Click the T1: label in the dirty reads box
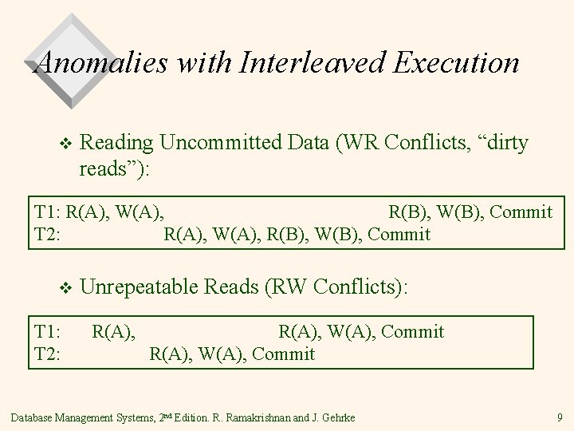[48, 212]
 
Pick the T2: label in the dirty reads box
[48, 234]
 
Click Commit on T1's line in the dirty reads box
[521, 212]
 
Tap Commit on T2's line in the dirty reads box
[400, 234]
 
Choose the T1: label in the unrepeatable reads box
[48, 330]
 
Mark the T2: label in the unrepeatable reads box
[48, 353]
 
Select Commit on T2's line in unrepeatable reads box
[285, 353]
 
